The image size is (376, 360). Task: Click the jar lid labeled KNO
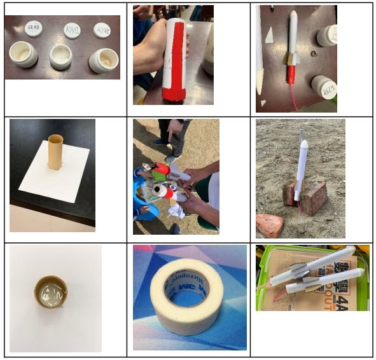[72, 29]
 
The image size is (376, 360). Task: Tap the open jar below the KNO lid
[61, 55]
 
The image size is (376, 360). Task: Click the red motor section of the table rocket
[292, 74]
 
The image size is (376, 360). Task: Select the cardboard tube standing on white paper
[55, 151]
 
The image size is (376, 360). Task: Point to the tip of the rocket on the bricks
[303, 135]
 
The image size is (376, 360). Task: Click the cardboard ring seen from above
[51, 292]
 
